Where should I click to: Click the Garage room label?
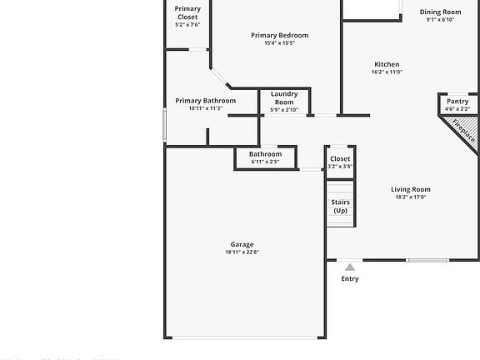(242, 244)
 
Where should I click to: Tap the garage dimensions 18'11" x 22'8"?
(242, 252)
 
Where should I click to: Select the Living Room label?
(411, 189)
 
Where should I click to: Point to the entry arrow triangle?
(350, 267)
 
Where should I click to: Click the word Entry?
(350, 279)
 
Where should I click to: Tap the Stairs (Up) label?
(341, 206)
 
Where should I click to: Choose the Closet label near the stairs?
(340, 158)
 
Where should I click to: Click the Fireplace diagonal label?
(463, 130)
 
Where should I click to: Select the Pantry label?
(457, 101)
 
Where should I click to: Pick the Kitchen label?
(387, 64)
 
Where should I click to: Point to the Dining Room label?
(440, 12)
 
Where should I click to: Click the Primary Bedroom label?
(280, 35)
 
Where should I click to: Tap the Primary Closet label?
(187, 12)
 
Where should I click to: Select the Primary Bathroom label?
(205, 101)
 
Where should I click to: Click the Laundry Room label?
(285, 98)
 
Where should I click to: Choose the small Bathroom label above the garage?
(265, 153)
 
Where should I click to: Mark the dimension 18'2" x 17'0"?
(411, 197)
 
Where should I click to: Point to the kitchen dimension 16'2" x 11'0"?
(387, 72)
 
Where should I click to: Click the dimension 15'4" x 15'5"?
(280, 43)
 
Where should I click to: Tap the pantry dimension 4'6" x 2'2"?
(457, 109)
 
